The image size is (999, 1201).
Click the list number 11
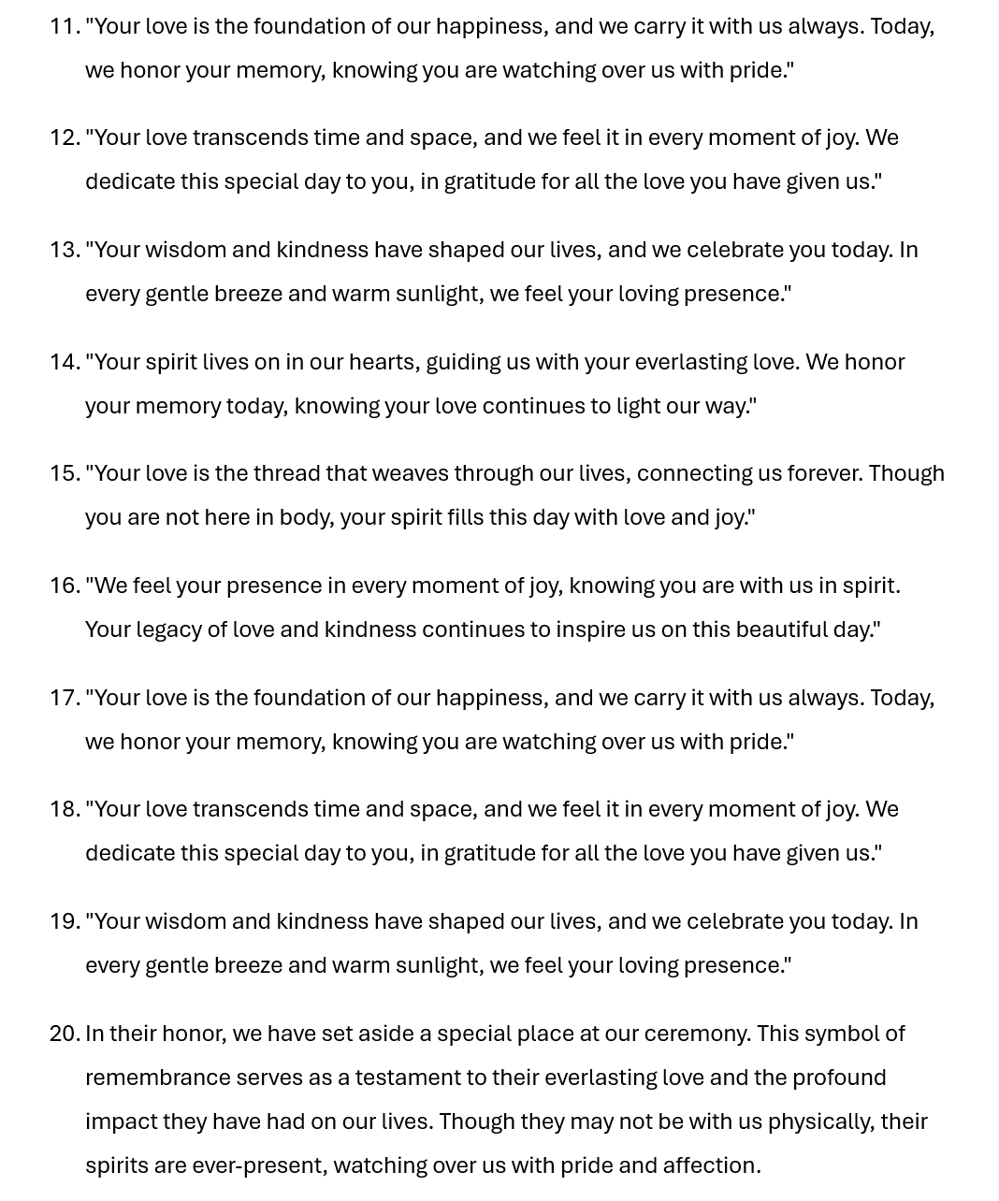coord(65,26)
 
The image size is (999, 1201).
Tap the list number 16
coord(65,586)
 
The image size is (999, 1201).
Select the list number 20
coord(65,1034)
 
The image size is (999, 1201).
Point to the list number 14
coord(65,362)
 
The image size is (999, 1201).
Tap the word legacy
coord(168,629)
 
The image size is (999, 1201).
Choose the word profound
coord(838,1078)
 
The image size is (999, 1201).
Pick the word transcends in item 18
coord(249,809)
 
